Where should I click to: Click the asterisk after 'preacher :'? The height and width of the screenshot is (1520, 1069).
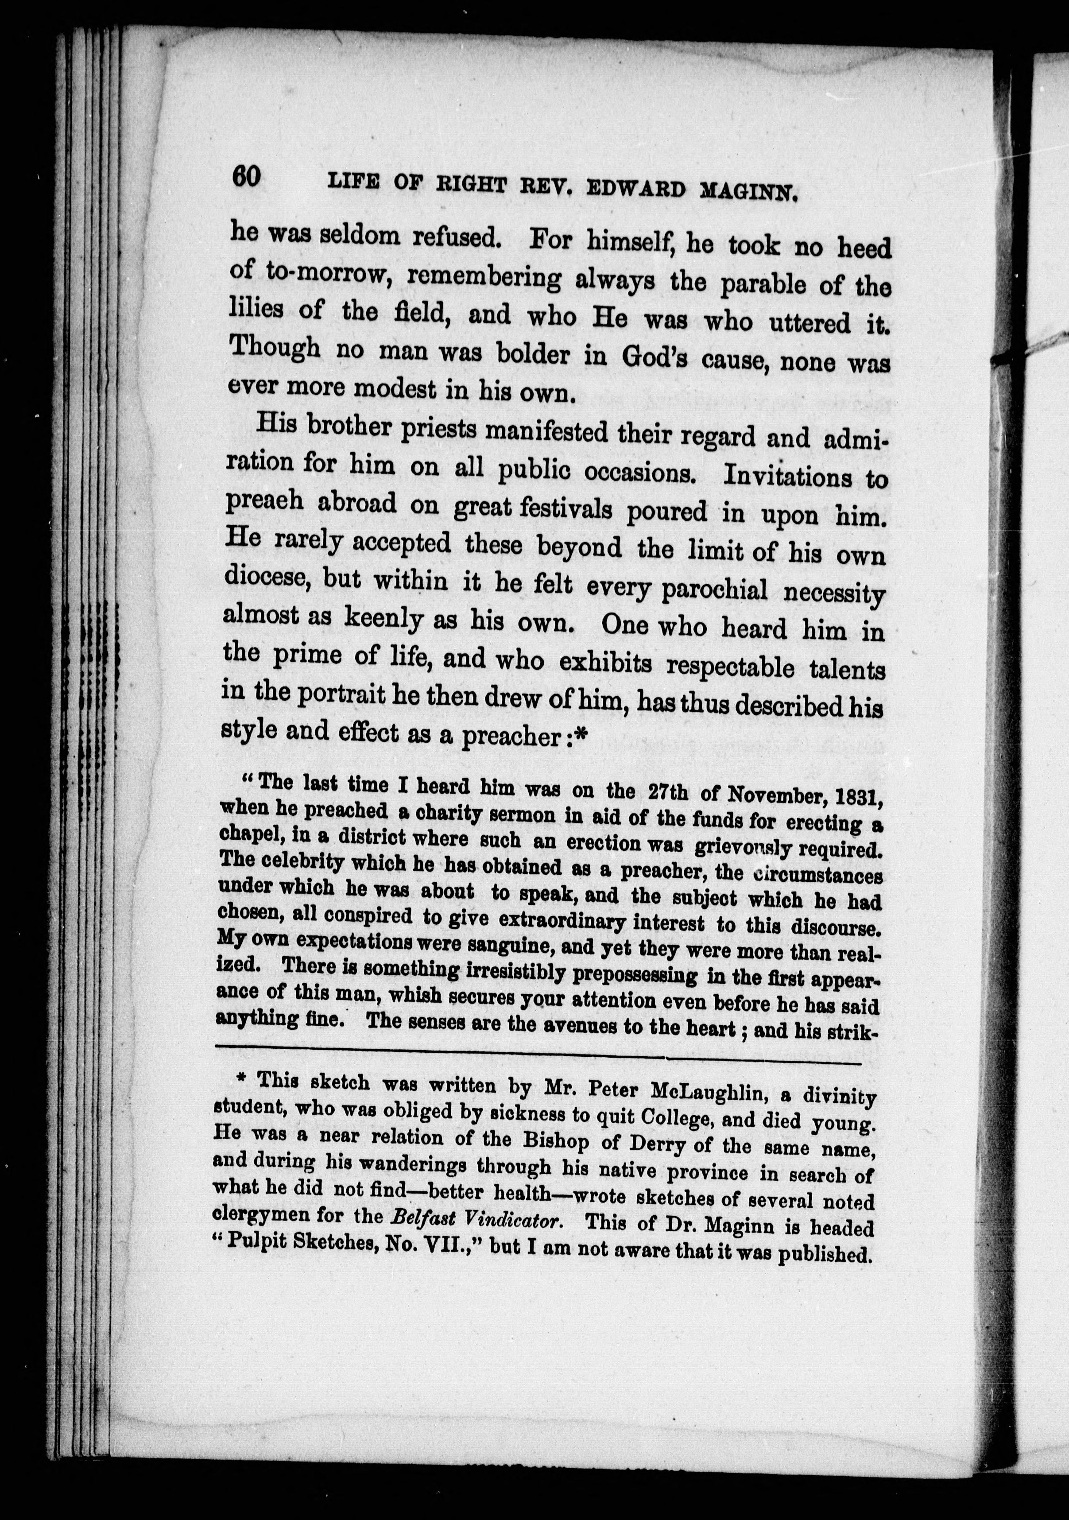582,736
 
